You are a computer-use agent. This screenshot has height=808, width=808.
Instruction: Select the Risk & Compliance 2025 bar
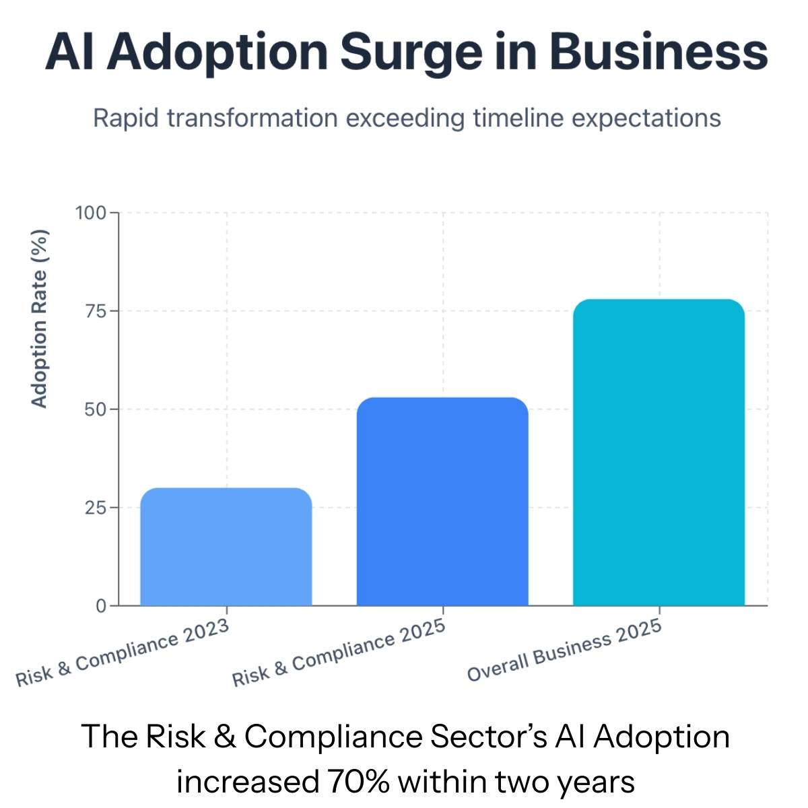pyautogui.click(x=442, y=502)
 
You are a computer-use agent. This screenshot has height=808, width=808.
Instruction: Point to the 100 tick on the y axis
pyautogui.click(x=91, y=213)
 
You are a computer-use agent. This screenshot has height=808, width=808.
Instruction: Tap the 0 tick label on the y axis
pyautogui.click(x=101, y=606)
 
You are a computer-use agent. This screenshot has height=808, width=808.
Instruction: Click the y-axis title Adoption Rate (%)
pyautogui.click(x=40, y=318)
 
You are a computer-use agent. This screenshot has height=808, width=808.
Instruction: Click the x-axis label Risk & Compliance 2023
pyautogui.click(x=123, y=653)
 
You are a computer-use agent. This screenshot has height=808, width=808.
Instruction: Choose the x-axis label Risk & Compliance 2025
pyautogui.click(x=339, y=653)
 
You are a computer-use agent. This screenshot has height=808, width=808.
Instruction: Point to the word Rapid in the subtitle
pyautogui.click(x=127, y=118)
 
